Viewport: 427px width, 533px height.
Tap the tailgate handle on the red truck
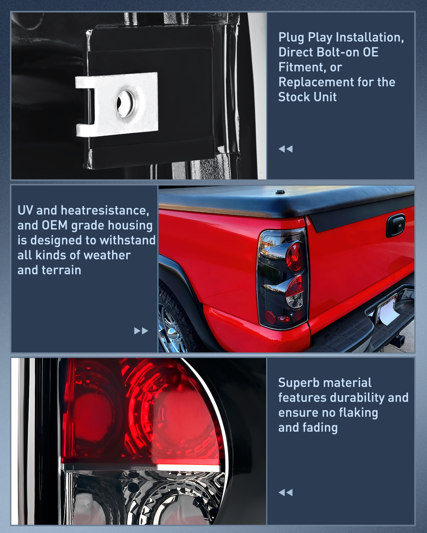coord(395,225)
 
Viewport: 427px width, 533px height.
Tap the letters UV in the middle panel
coord(25,210)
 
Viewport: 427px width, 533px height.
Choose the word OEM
coord(55,225)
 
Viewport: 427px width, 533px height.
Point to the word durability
coord(358,398)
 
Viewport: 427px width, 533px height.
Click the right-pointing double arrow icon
coord(141,331)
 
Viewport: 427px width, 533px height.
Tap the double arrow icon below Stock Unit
coord(285,149)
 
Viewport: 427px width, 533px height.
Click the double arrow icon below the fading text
coord(285,492)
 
